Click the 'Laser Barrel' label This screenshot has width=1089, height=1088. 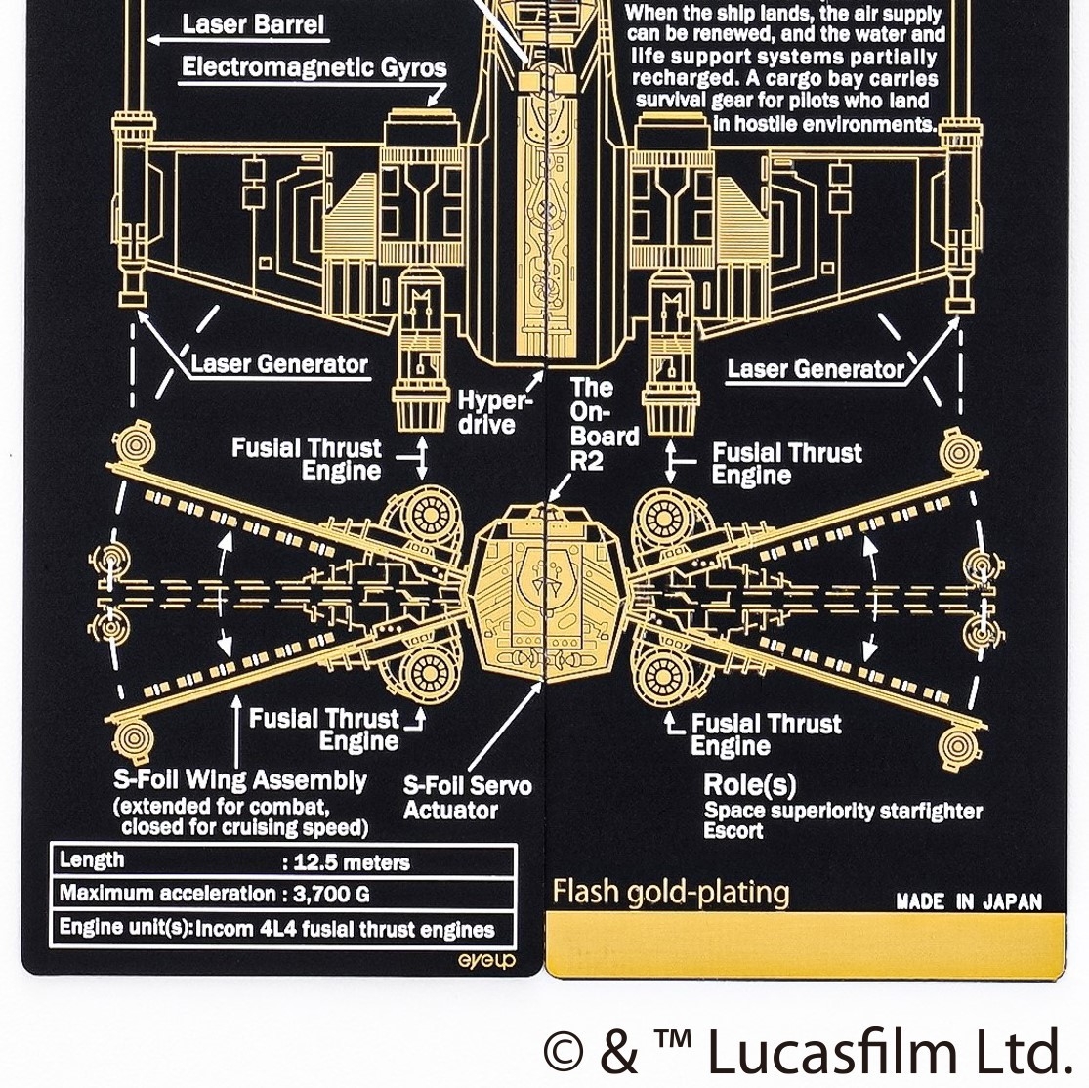click(252, 25)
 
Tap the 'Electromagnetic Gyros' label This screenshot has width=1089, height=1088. click(314, 67)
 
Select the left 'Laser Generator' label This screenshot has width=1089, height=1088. click(279, 364)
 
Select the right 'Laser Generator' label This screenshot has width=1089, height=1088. click(816, 369)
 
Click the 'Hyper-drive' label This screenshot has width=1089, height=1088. click(494, 412)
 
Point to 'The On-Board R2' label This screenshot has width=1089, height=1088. click(604, 424)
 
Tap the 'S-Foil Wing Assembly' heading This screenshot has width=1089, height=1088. click(239, 780)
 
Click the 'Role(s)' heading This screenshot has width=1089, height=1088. click(749, 784)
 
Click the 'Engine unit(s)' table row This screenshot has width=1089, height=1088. click(277, 928)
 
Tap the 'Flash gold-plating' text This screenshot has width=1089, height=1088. click(670, 893)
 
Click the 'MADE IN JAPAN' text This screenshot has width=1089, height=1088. click(968, 901)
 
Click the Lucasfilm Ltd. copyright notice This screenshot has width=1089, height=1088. click(807, 1051)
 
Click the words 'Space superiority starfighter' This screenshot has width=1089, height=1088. click(843, 811)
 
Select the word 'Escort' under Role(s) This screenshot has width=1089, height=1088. click(733, 831)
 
